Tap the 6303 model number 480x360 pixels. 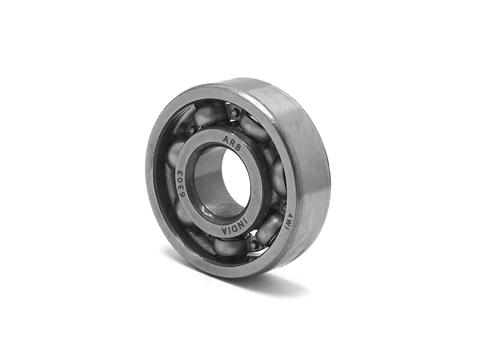point(181,184)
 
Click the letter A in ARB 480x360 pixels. point(226,139)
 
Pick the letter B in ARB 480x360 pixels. point(238,147)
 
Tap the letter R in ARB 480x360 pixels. point(232,143)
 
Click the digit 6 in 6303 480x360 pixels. point(182,194)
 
